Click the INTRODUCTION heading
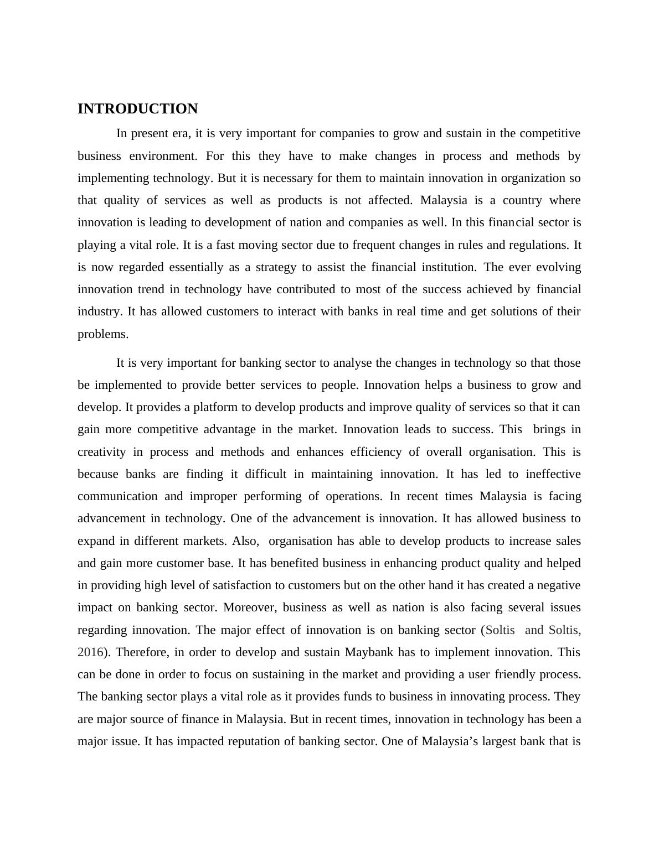coord(137,108)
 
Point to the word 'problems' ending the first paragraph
coord(102,334)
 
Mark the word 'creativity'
coord(102,452)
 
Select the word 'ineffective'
coord(553,474)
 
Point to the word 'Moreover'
coord(249,607)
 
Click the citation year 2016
coord(89,652)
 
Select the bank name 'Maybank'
coord(369,652)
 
